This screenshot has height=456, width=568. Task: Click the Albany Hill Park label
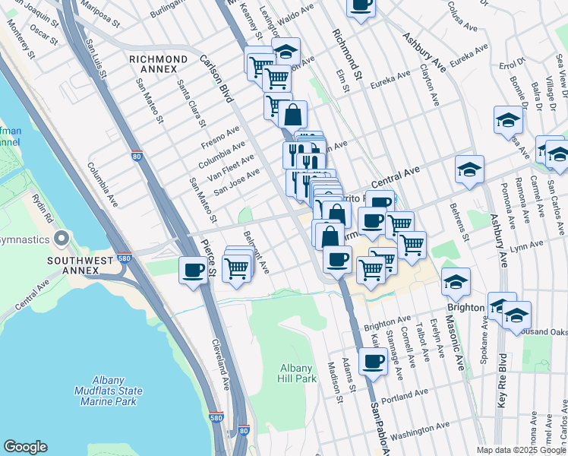[295, 372]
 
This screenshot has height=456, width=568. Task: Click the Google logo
[25, 447]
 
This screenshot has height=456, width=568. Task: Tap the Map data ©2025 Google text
[521, 450]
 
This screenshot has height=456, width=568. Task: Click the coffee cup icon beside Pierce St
[194, 269]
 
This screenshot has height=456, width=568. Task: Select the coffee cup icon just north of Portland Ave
[372, 361]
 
